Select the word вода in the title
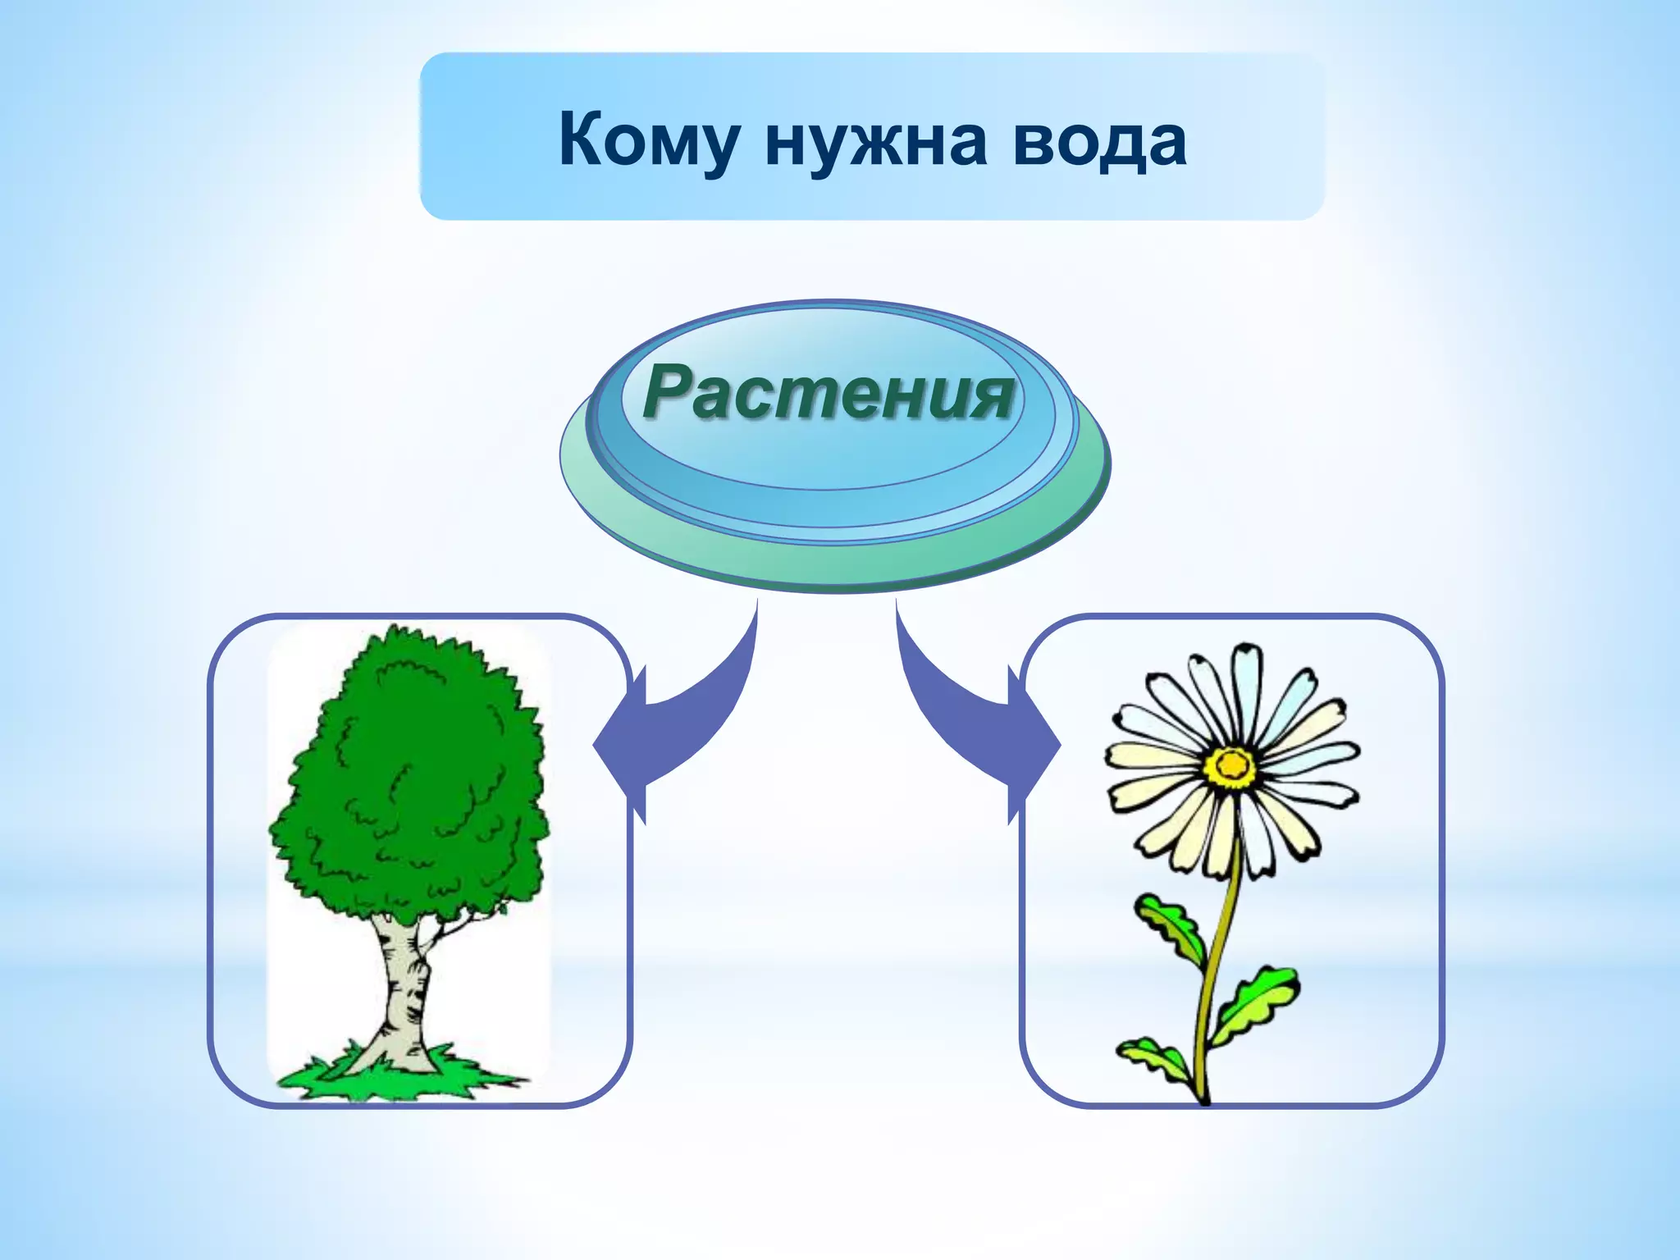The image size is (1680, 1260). click(x=1099, y=141)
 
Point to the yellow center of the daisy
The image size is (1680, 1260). click(x=1230, y=765)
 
